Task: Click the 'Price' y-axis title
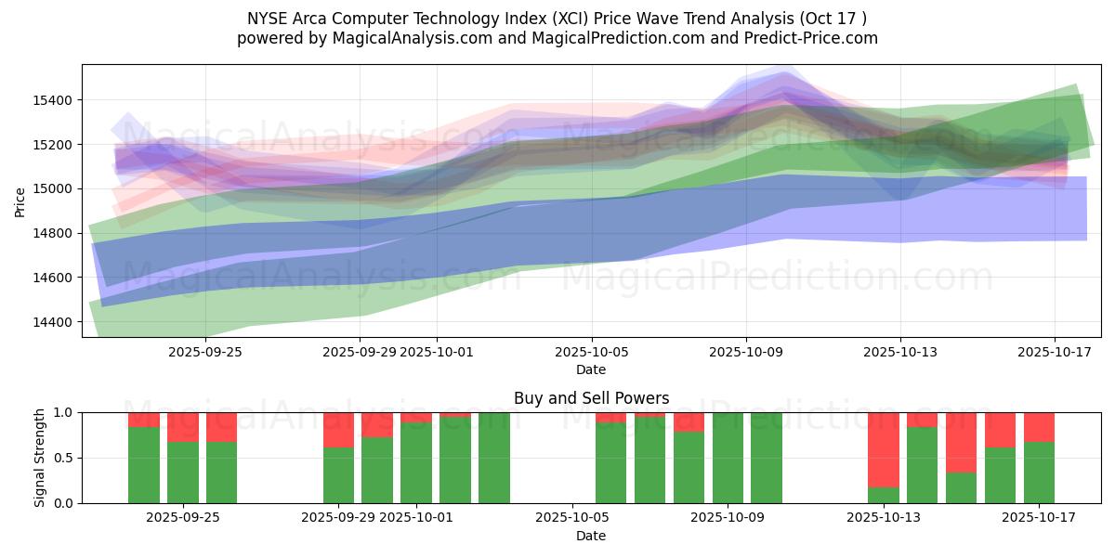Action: pos(20,201)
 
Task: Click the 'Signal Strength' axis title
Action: pos(39,458)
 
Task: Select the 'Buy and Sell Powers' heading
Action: pos(591,398)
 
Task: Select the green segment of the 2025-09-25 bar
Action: pos(183,473)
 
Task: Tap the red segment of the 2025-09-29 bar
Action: pos(338,430)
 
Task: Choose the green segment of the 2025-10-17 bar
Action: pos(1039,473)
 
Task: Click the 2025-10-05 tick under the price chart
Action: pos(591,353)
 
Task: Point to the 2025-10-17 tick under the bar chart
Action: pos(1055,517)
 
